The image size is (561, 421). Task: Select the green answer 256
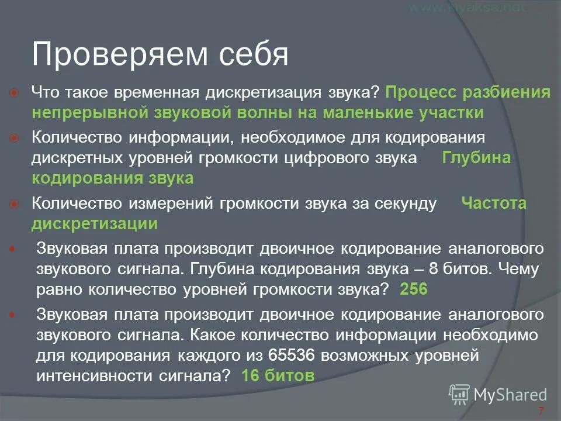pos(414,289)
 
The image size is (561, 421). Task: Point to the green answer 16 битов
pos(278,377)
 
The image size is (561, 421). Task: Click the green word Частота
pos(494,203)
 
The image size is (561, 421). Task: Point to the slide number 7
pos(541,410)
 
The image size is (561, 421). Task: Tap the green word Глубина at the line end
pos(476,158)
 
